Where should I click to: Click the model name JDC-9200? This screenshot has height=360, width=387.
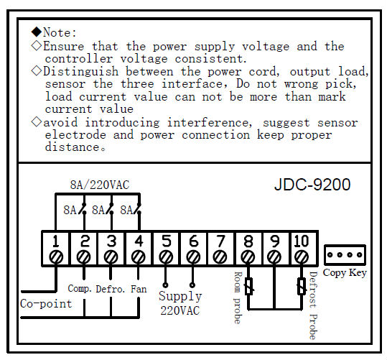pyautogui.click(x=312, y=185)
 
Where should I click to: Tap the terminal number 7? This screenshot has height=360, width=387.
pyautogui.click(x=220, y=241)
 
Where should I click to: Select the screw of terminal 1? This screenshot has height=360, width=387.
pyautogui.click(x=56, y=258)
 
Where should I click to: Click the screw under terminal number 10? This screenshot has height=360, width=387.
pyautogui.click(x=302, y=258)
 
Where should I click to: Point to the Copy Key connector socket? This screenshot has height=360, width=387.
pyautogui.click(x=345, y=255)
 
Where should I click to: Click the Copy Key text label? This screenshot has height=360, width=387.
pyautogui.click(x=345, y=273)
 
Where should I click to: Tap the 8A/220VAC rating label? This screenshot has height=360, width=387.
pyautogui.click(x=100, y=185)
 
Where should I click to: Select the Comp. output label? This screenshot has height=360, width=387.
pyautogui.click(x=80, y=289)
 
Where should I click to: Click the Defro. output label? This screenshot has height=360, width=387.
pyautogui.click(x=111, y=289)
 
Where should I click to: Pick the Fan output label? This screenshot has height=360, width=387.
pyautogui.click(x=139, y=289)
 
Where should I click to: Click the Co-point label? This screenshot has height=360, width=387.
pyautogui.click(x=46, y=304)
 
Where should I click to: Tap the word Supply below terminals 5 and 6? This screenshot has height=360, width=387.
pyautogui.click(x=180, y=296)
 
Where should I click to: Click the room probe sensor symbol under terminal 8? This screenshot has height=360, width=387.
pyautogui.click(x=248, y=287)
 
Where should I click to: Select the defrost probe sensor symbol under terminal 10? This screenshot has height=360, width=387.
pyautogui.click(x=302, y=287)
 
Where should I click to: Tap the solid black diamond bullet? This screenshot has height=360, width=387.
pyautogui.click(x=37, y=32)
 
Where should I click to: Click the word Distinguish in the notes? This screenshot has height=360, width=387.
pyautogui.click(x=81, y=72)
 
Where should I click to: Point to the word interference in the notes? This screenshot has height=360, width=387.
pyautogui.click(x=210, y=123)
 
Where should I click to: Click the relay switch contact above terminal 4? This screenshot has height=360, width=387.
pyautogui.click(x=136, y=210)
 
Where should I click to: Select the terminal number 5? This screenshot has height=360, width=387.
pyautogui.click(x=166, y=241)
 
